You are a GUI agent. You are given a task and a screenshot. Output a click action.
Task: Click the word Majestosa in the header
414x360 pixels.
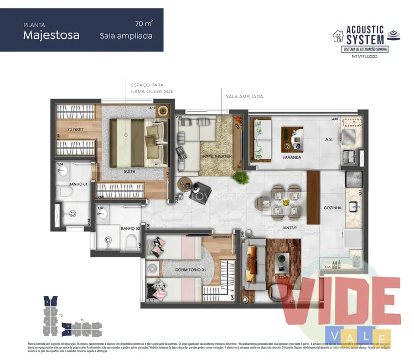pos(51,35)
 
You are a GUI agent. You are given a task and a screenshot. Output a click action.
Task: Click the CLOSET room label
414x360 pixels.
pos(76,130)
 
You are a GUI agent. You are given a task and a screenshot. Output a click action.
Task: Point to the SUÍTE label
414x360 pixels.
pos(130,172)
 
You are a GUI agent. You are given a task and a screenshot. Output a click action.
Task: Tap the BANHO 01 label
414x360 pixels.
pos(77,184)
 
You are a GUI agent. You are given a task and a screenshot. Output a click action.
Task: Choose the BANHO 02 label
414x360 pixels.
pos(130,228)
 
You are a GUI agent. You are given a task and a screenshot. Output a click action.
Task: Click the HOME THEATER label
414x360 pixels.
pos(216,156)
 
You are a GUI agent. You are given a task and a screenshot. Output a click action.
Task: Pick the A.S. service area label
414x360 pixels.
pos(328,140)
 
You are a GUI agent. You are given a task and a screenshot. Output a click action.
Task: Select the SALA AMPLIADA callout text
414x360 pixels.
pos(244,96)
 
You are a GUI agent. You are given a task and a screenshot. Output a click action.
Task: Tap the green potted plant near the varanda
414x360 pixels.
pos(241,177)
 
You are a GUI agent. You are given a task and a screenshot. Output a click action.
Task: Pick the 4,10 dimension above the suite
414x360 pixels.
pos(153,108)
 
